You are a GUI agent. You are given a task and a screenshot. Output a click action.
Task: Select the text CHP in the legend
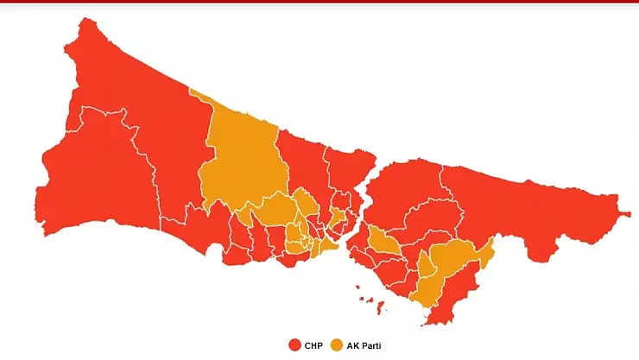point(313,345)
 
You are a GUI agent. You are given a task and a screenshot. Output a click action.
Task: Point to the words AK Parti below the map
point(363,345)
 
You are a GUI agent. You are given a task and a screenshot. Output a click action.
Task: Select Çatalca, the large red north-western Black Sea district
point(130,95)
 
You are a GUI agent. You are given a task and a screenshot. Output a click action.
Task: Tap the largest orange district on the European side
point(242,155)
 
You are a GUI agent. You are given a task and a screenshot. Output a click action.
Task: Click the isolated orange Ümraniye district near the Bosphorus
point(383,243)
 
